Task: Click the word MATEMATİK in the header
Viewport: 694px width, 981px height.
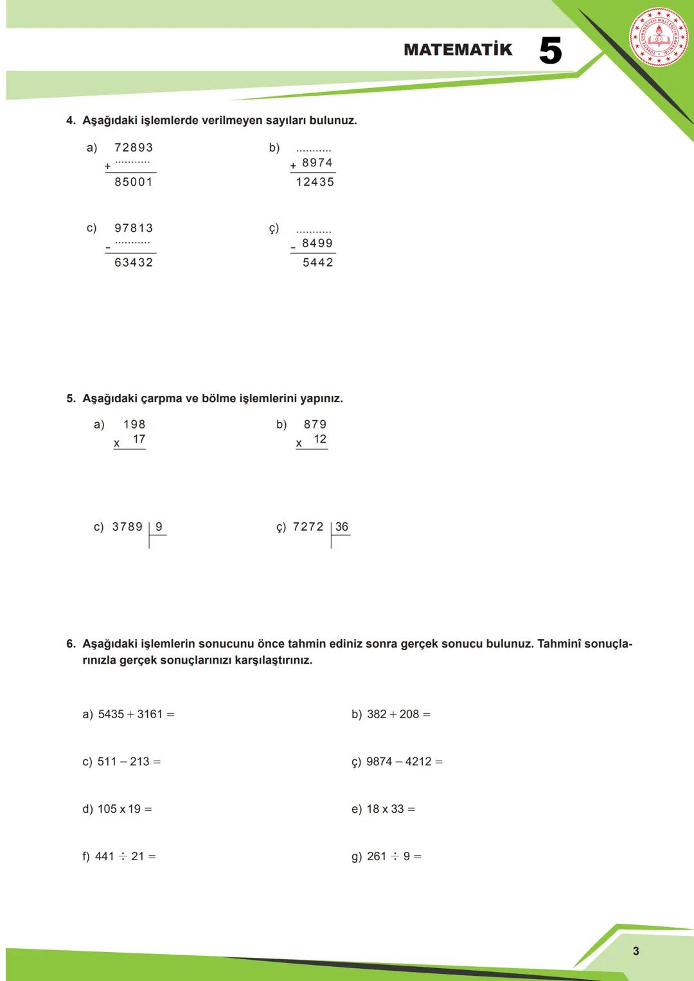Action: click(x=458, y=49)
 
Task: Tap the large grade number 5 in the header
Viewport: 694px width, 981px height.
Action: click(x=550, y=51)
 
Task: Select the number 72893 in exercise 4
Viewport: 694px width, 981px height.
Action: click(x=134, y=148)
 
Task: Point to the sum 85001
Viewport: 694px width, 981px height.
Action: click(x=134, y=182)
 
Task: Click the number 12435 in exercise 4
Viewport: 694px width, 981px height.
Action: click(x=315, y=182)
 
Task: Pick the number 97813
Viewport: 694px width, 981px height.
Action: click(x=134, y=228)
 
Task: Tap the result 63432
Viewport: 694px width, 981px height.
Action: click(x=134, y=263)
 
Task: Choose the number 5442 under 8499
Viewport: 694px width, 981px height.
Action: click(x=318, y=263)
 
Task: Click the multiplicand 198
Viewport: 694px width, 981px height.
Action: click(x=134, y=425)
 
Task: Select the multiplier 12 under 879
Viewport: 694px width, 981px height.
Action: click(x=320, y=439)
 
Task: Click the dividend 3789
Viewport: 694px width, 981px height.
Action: click(x=127, y=527)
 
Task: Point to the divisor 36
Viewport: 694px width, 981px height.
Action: click(x=342, y=527)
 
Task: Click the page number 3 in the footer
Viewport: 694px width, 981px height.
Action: click(x=636, y=951)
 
